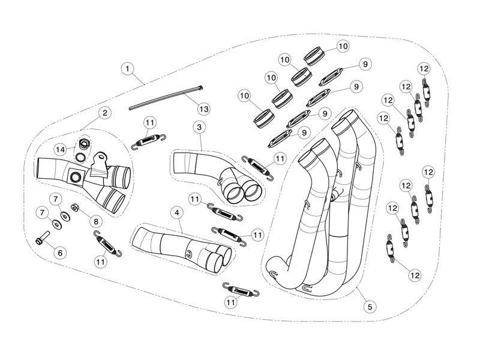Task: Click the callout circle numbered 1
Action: tap(127, 68)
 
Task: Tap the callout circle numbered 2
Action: tap(104, 112)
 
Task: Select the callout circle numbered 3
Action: tap(199, 127)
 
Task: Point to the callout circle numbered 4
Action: tap(176, 212)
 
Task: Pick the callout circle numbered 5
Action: tap(370, 307)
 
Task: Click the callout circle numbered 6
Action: tap(59, 253)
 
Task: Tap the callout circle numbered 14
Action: tap(61, 148)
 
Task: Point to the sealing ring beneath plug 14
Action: tap(80, 158)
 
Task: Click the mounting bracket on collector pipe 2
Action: tap(97, 162)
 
